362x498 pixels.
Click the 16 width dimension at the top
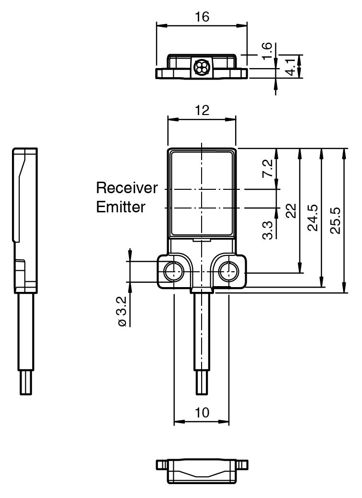tap(202, 17)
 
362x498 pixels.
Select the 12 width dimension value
tap(202, 111)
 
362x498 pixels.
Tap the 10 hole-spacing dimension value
tap(202, 413)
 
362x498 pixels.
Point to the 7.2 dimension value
tap(269, 169)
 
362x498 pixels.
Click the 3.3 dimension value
tap(269, 229)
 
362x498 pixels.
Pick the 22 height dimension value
tap(291, 211)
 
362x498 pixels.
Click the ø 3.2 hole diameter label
tap(122, 312)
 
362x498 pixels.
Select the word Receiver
tap(127, 187)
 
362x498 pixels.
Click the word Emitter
tap(121, 207)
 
